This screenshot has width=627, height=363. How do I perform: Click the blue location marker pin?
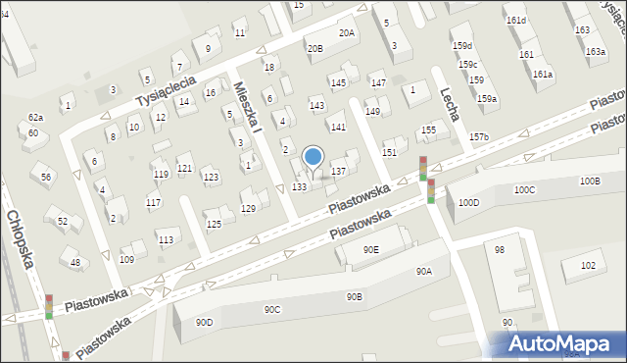313,157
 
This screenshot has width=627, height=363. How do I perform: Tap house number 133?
300,186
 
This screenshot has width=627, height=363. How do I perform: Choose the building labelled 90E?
371,249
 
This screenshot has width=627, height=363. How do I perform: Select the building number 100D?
469,202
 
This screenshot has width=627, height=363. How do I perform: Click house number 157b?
478,136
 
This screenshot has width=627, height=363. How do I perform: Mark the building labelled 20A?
347,32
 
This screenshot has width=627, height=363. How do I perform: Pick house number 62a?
35,117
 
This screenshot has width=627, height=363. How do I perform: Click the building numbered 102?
588,265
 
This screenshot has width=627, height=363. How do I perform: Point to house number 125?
214,224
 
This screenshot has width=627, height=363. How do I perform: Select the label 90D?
205,322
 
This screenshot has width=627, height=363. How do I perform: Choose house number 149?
372,111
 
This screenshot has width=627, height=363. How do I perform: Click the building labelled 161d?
515,20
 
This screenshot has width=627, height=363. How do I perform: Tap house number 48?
75,262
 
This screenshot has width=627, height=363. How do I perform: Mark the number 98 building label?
500,250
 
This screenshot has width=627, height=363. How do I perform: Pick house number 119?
161,174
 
